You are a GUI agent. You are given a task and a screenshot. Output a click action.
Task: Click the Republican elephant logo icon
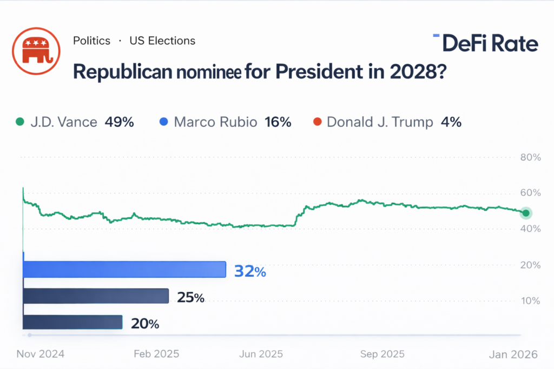point(36,51)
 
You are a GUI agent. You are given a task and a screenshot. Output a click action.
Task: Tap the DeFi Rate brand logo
point(485,43)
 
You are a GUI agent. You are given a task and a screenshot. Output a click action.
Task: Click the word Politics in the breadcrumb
point(91,41)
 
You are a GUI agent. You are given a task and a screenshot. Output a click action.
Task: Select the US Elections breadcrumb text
point(162,41)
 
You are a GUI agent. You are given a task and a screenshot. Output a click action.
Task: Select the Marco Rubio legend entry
point(215,122)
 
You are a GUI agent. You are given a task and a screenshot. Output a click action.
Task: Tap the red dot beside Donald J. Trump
point(317,122)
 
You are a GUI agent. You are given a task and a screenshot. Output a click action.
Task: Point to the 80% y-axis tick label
point(530,157)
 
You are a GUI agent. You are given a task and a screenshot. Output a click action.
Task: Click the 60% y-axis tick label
point(530,193)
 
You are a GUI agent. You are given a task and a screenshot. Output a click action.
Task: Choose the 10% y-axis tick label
point(530,300)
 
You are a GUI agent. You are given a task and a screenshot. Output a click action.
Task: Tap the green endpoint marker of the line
point(525,213)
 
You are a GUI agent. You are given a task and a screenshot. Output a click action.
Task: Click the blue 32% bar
point(124,270)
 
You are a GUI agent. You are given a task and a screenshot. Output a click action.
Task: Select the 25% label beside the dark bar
point(190,297)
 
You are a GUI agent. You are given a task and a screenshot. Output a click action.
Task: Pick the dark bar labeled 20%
point(72,322)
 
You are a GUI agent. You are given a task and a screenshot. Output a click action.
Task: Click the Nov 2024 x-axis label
point(41,354)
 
